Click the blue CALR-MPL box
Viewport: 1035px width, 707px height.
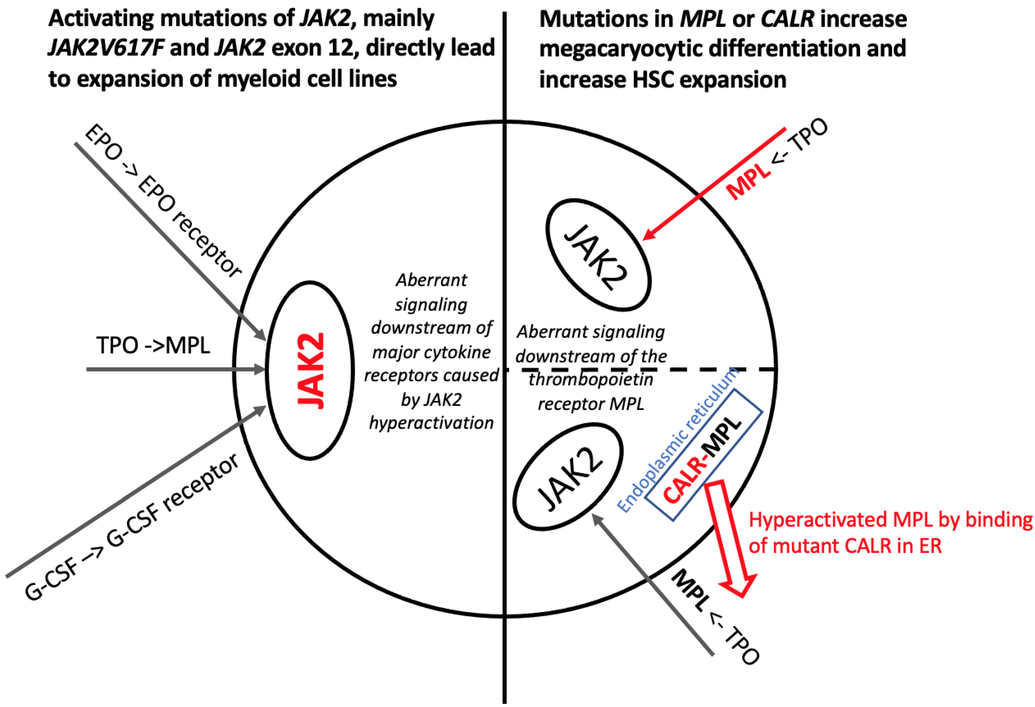coord(704,454)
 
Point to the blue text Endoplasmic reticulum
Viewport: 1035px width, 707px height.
coord(677,441)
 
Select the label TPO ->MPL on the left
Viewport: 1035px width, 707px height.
coord(153,345)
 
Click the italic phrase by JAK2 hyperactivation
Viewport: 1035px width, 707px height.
coord(431,411)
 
